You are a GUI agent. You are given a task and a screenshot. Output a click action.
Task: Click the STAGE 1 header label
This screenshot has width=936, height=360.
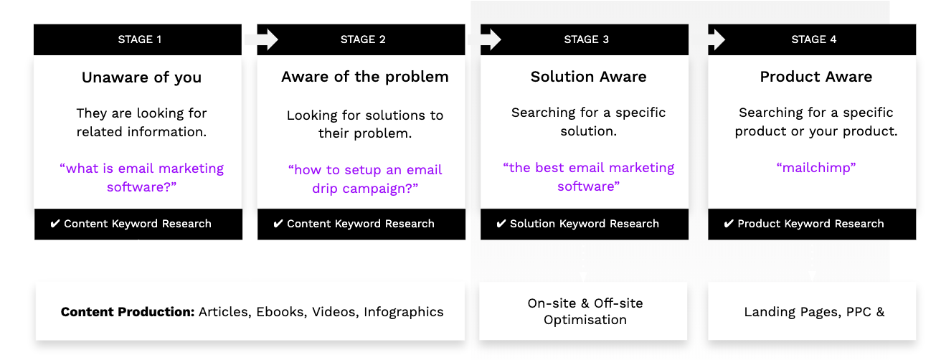140,39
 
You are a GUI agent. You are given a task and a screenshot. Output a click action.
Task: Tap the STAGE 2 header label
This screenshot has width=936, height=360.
363,39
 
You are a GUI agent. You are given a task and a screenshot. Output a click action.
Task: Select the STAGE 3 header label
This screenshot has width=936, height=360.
586,39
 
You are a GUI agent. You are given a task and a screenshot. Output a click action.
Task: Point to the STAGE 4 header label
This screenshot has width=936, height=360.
813,39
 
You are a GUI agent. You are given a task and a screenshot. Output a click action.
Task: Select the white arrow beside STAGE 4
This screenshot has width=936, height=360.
717,39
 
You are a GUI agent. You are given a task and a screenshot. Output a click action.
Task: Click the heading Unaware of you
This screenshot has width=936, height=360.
141,77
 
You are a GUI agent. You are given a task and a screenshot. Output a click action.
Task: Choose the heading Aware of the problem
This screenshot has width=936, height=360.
365,77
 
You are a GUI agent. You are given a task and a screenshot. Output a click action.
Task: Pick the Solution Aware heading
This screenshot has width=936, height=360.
588,77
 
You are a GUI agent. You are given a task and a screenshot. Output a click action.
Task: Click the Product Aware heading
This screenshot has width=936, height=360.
816,77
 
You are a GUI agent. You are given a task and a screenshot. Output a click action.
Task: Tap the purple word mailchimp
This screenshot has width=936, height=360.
816,168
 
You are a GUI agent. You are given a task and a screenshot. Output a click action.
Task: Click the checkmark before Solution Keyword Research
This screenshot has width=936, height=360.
501,224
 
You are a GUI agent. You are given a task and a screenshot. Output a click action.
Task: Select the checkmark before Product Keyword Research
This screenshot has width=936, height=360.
728,224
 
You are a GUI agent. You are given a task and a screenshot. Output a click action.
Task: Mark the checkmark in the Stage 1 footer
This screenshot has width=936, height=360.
55,224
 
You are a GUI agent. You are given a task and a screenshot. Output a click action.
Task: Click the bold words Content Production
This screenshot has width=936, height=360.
128,312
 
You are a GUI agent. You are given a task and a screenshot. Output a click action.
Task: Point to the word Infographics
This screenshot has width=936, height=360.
404,313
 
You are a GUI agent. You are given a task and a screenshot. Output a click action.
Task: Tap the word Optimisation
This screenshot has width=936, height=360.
585,321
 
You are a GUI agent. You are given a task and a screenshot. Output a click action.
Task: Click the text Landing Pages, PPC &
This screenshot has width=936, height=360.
814,313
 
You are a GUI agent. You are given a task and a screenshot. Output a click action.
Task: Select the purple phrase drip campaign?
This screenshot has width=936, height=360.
365,189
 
